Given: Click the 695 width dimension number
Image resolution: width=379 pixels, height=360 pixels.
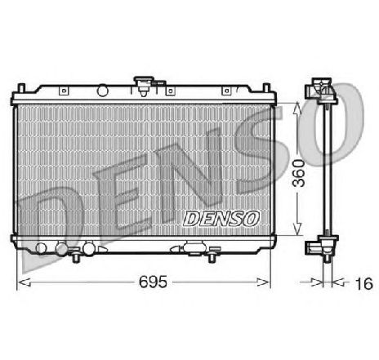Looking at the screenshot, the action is click(x=153, y=282).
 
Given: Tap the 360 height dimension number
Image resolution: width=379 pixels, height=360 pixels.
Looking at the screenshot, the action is click(x=299, y=173).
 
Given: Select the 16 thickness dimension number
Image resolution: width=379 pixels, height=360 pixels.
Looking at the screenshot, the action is click(x=363, y=283).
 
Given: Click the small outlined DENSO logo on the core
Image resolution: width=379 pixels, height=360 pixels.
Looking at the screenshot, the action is click(x=221, y=219).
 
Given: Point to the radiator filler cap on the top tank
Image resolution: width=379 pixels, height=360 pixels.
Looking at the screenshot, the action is click(x=144, y=86).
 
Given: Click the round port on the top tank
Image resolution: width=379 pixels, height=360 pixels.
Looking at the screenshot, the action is click(x=103, y=91).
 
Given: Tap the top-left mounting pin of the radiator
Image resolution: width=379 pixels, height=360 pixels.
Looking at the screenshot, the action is click(x=21, y=88).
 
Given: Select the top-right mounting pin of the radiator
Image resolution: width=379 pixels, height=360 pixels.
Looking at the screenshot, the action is click(x=266, y=88).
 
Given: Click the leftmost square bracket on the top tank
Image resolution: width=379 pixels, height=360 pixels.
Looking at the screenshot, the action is click(x=64, y=91).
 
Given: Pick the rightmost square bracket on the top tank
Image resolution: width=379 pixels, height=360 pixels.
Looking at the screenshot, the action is click(x=226, y=91).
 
